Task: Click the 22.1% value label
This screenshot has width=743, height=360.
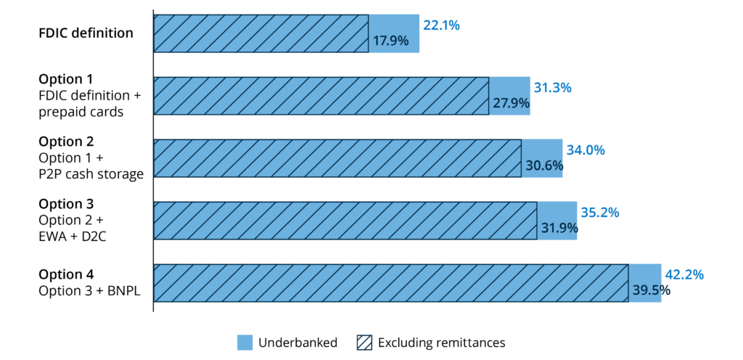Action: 441,25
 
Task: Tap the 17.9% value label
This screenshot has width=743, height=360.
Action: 390,41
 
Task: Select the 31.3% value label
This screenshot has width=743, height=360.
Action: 552,88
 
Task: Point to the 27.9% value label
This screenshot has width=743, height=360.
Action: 511,103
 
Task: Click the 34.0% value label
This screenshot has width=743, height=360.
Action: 586,150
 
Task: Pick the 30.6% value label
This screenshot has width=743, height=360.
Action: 543,165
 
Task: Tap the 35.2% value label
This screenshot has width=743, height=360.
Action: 599,213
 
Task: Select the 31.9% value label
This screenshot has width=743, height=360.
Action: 559,228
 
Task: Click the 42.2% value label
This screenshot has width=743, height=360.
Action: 684,275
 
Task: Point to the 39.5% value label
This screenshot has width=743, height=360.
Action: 651,290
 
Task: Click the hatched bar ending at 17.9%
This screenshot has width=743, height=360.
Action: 261,33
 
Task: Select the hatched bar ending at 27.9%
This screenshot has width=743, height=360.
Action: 321,96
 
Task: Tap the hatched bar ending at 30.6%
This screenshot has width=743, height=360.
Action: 337,158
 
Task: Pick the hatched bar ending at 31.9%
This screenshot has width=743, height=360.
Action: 345,221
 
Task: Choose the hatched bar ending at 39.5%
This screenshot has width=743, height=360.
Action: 391,283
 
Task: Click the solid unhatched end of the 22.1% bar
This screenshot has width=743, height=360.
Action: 394,24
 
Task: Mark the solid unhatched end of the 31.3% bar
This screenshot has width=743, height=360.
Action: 510,86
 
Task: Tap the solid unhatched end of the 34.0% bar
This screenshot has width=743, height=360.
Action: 542,148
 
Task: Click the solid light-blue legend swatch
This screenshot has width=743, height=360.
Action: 245,343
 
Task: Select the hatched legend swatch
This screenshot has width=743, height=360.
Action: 364,343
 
